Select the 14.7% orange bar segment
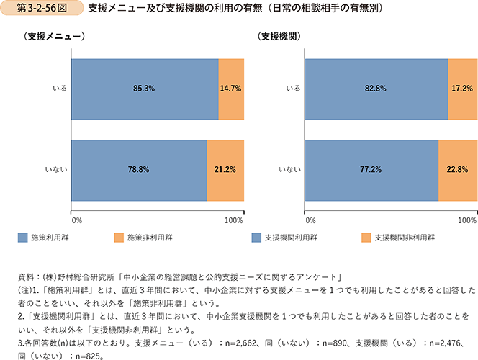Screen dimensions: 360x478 click(x=230, y=89)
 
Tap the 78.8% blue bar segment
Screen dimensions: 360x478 click(x=139, y=170)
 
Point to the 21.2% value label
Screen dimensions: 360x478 click(x=225, y=170)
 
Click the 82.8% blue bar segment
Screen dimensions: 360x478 click(x=376, y=89)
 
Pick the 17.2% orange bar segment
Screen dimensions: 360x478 click(x=461, y=89)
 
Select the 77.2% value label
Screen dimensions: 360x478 click(x=371, y=170)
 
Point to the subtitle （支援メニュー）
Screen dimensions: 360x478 click(x=49, y=37)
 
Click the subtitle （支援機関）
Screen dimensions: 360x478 click(x=278, y=37)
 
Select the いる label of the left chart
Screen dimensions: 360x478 click(x=60, y=89)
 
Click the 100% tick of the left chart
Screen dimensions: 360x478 click(x=234, y=218)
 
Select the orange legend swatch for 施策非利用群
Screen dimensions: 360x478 click(x=119, y=236)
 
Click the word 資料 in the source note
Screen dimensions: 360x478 click(x=33, y=276)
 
